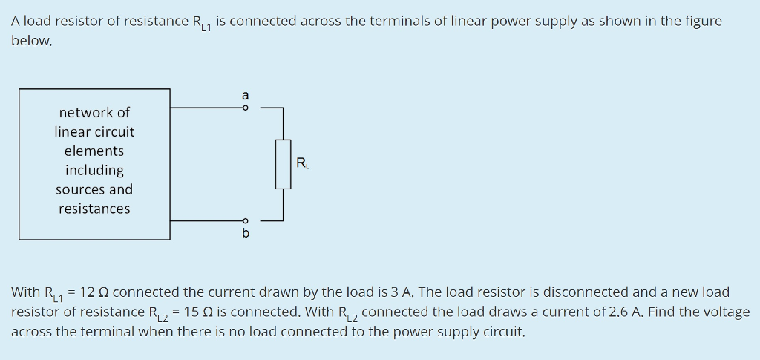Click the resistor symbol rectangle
click(x=283, y=164)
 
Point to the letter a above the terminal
click(x=246, y=95)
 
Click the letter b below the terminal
click(x=246, y=234)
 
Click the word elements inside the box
click(x=94, y=151)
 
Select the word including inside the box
click(x=94, y=170)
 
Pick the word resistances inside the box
click(x=94, y=209)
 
